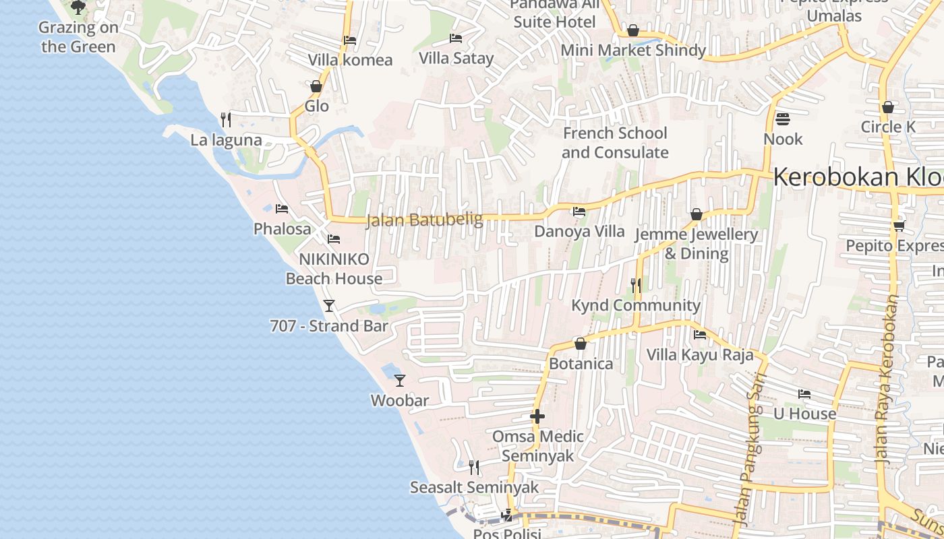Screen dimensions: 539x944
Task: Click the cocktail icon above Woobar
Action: pyautogui.click(x=400, y=381)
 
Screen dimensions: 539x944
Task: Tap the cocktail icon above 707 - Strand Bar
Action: pyautogui.click(x=329, y=306)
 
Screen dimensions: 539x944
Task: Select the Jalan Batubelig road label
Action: pyautogui.click(x=425, y=220)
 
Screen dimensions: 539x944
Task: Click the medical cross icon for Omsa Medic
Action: pyautogui.click(x=537, y=416)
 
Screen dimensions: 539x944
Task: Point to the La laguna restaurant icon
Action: pyautogui.click(x=226, y=120)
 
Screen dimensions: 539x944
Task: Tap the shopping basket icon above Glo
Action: pyautogui.click(x=316, y=86)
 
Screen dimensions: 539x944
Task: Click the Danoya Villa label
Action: pyautogui.click(x=579, y=231)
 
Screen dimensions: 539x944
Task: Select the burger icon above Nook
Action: pyautogui.click(x=783, y=119)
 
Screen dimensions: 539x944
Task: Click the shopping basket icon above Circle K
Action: pyautogui.click(x=888, y=107)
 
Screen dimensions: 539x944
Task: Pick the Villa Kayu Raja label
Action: pyautogui.click(x=700, y=354)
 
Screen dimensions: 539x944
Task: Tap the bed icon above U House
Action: pyautogui.click(x=804, y=394)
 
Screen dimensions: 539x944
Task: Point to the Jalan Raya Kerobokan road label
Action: pyautogui.click(x=889, y=377)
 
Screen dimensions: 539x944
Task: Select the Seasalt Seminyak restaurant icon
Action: pyautogui.click(x=474, y=467)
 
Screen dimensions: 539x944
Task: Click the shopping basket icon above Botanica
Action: pyautogui.click(x=581, y=344)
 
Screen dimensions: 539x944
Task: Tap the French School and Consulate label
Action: pyautogui.click(x=615, y=143)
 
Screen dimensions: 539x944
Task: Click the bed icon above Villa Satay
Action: pyautogui.click(x=456, y=38)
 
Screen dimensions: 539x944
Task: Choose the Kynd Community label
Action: pyautogui.click(x=636, y=305)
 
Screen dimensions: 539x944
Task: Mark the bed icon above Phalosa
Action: pyautogui.click(x=282, y=209)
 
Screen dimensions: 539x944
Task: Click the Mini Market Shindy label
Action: pyautogui.click(x=633, y=50)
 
